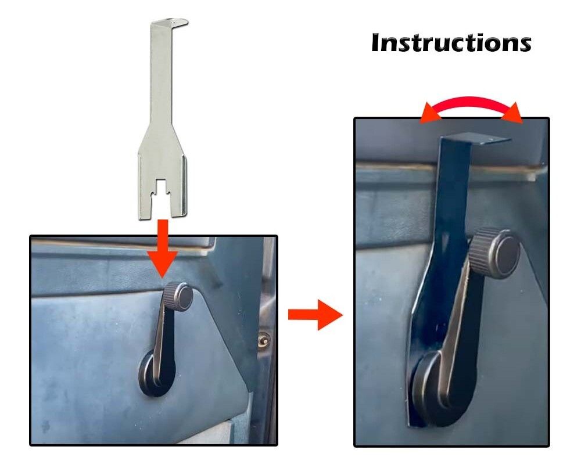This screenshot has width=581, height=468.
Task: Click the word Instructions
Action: coord(451,43)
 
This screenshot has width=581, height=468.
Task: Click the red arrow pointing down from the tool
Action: coord(163,248)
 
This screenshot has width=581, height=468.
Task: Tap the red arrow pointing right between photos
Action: coord(315,315)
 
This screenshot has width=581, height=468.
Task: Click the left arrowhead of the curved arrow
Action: coord(430,113)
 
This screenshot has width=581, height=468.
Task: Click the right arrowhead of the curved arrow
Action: coord(512,113)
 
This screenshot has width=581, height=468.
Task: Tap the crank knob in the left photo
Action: coord(178,293)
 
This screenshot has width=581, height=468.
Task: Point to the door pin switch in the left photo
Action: coord(263,339)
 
